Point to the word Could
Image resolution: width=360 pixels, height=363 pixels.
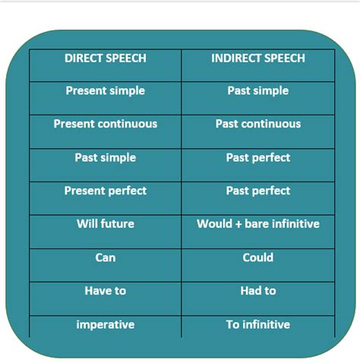pos(258,257)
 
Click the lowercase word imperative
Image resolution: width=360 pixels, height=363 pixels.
pos(106,325)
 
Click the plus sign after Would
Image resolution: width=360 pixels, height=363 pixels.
pos(238,224)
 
